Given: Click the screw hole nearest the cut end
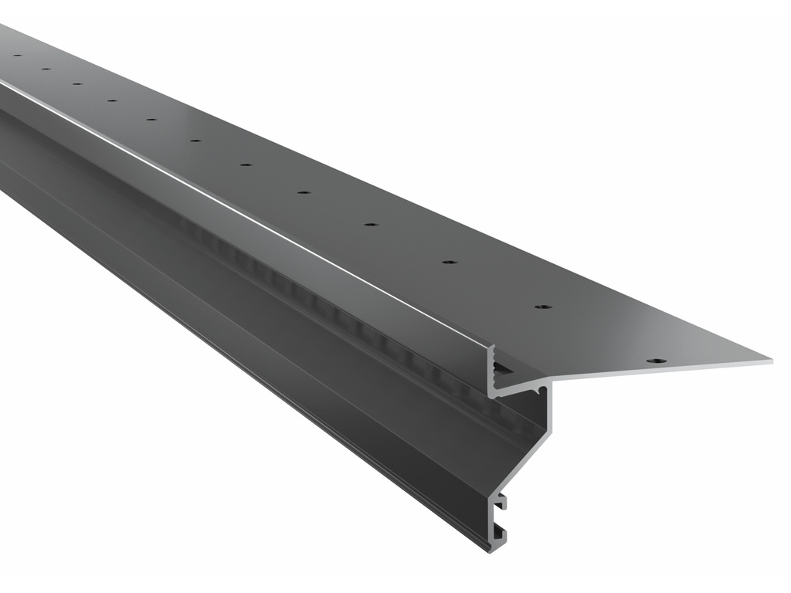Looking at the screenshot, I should pyautogui.click(x=656, y=361).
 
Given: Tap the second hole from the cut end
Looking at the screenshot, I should pyautogui.click(x=543, y=307).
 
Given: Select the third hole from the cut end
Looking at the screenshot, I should pyautogui.click(x=450, y=263).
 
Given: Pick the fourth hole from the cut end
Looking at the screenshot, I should pyautogui.click(x=371, y=225).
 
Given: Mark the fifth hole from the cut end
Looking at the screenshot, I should pyautogui.click(x=304, y=192).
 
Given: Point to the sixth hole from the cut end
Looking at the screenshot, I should pyautogui.click(x=246, y=164).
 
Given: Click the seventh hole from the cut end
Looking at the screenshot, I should pyautogui.click(x=195, y=141).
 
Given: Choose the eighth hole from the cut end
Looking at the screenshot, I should pyautogui.click(x=151, y=120).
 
